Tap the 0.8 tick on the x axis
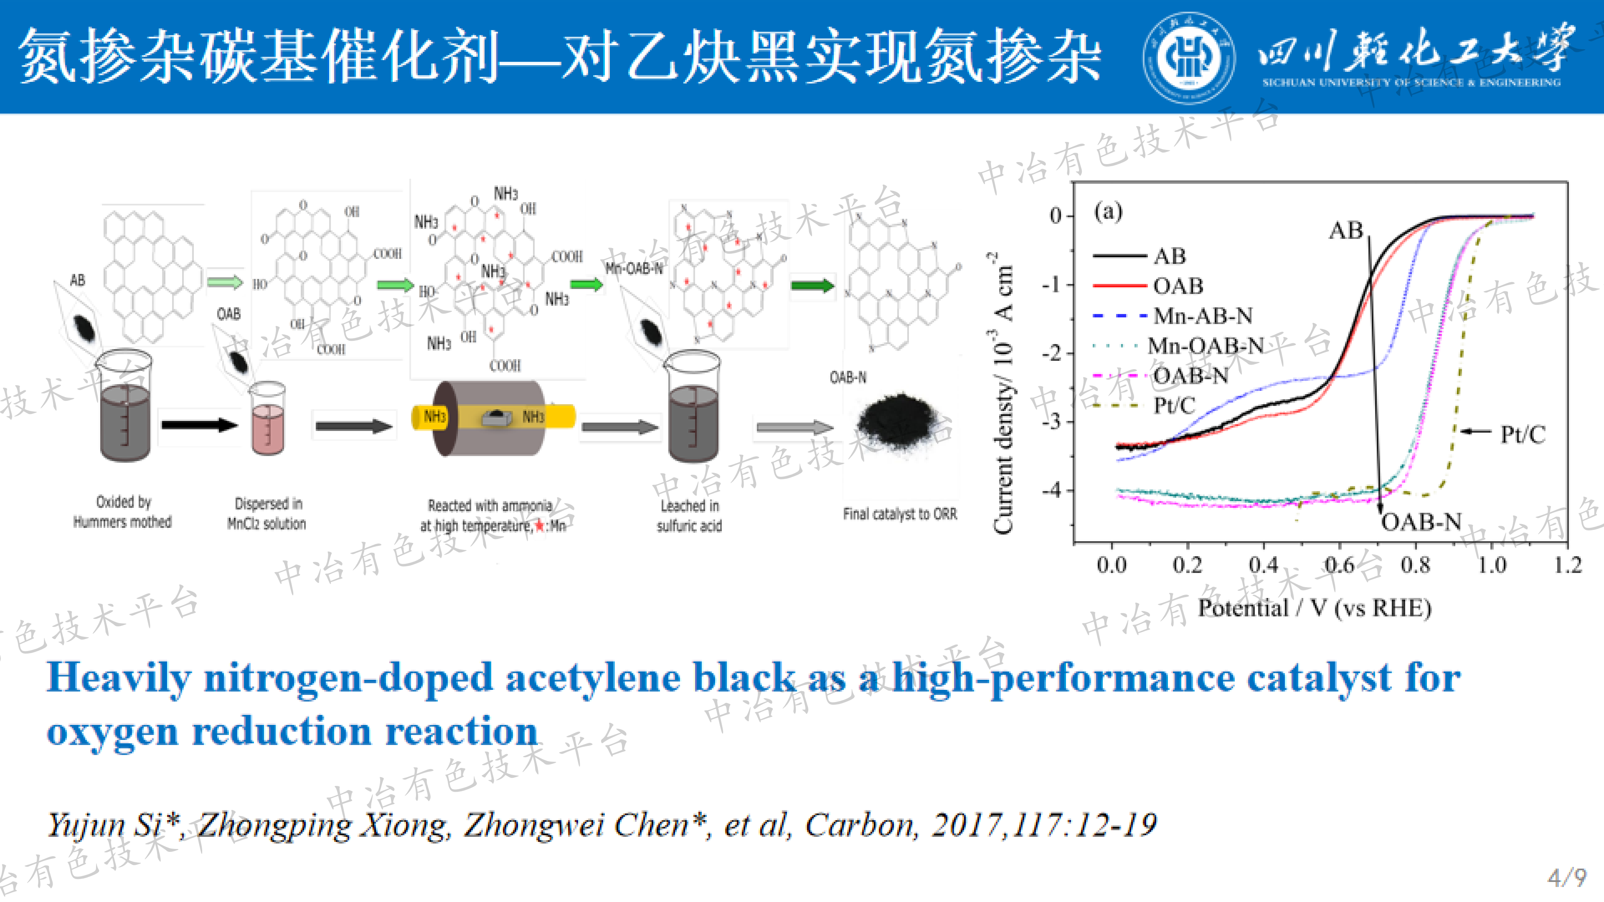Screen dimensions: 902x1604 [x=1415, y=565]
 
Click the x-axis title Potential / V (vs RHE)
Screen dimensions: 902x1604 [x=1314, y=608]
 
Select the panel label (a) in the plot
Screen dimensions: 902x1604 [x=1108, y=212]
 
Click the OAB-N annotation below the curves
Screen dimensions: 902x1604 [x=1421, y=522]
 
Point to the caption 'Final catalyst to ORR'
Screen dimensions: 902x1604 [x=900, y=514]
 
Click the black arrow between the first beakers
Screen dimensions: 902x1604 [x=199, y=425]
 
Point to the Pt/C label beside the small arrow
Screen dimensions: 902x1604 [x=1523, y=434]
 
